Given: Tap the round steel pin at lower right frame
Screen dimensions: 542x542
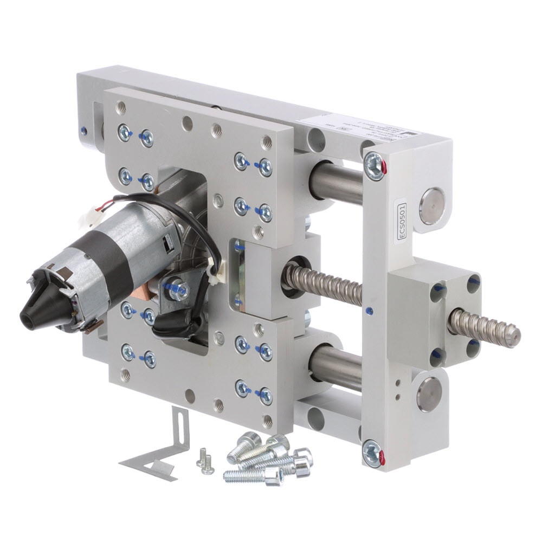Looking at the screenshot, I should coord(428,394).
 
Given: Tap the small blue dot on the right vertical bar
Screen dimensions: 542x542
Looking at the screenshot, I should coord(369,311).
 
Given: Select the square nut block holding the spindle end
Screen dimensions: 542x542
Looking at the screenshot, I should coord(434,317).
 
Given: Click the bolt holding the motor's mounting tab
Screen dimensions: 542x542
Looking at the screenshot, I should coord(176,291).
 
